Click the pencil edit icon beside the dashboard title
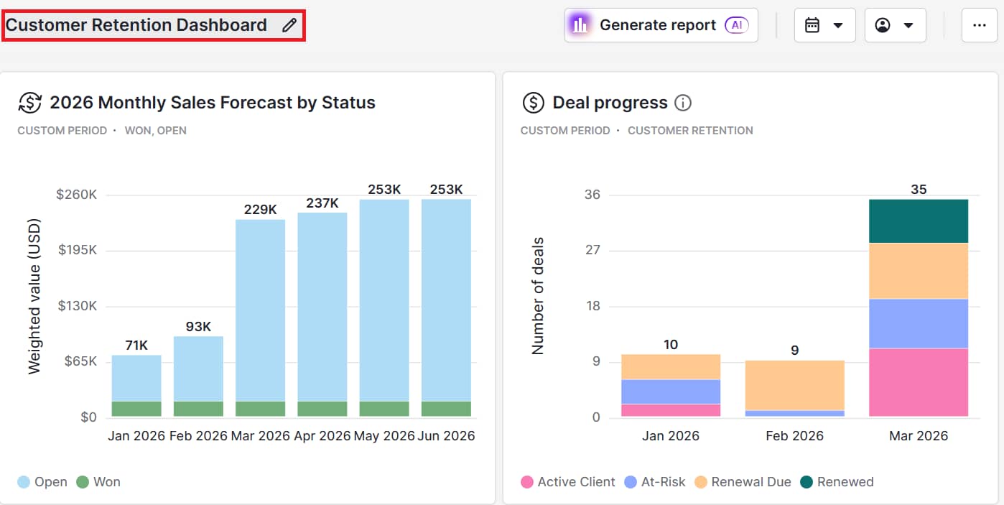(289, 25)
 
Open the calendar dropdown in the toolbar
(824, 25)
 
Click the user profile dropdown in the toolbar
(895, 25)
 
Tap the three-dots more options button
(979, 25)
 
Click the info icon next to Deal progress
(683, 103)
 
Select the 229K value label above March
(260, 209)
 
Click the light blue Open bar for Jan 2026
(136, 378)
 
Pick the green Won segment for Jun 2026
(446, 409)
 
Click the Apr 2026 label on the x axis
(322, 436)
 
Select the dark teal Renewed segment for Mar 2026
(919, 221)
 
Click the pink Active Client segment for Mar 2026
(919, 382)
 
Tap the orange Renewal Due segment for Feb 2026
(794, 385)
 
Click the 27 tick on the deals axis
(592, 251)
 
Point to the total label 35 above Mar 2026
(919, 190)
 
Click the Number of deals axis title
(537, 296)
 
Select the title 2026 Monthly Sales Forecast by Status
(212, 103)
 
